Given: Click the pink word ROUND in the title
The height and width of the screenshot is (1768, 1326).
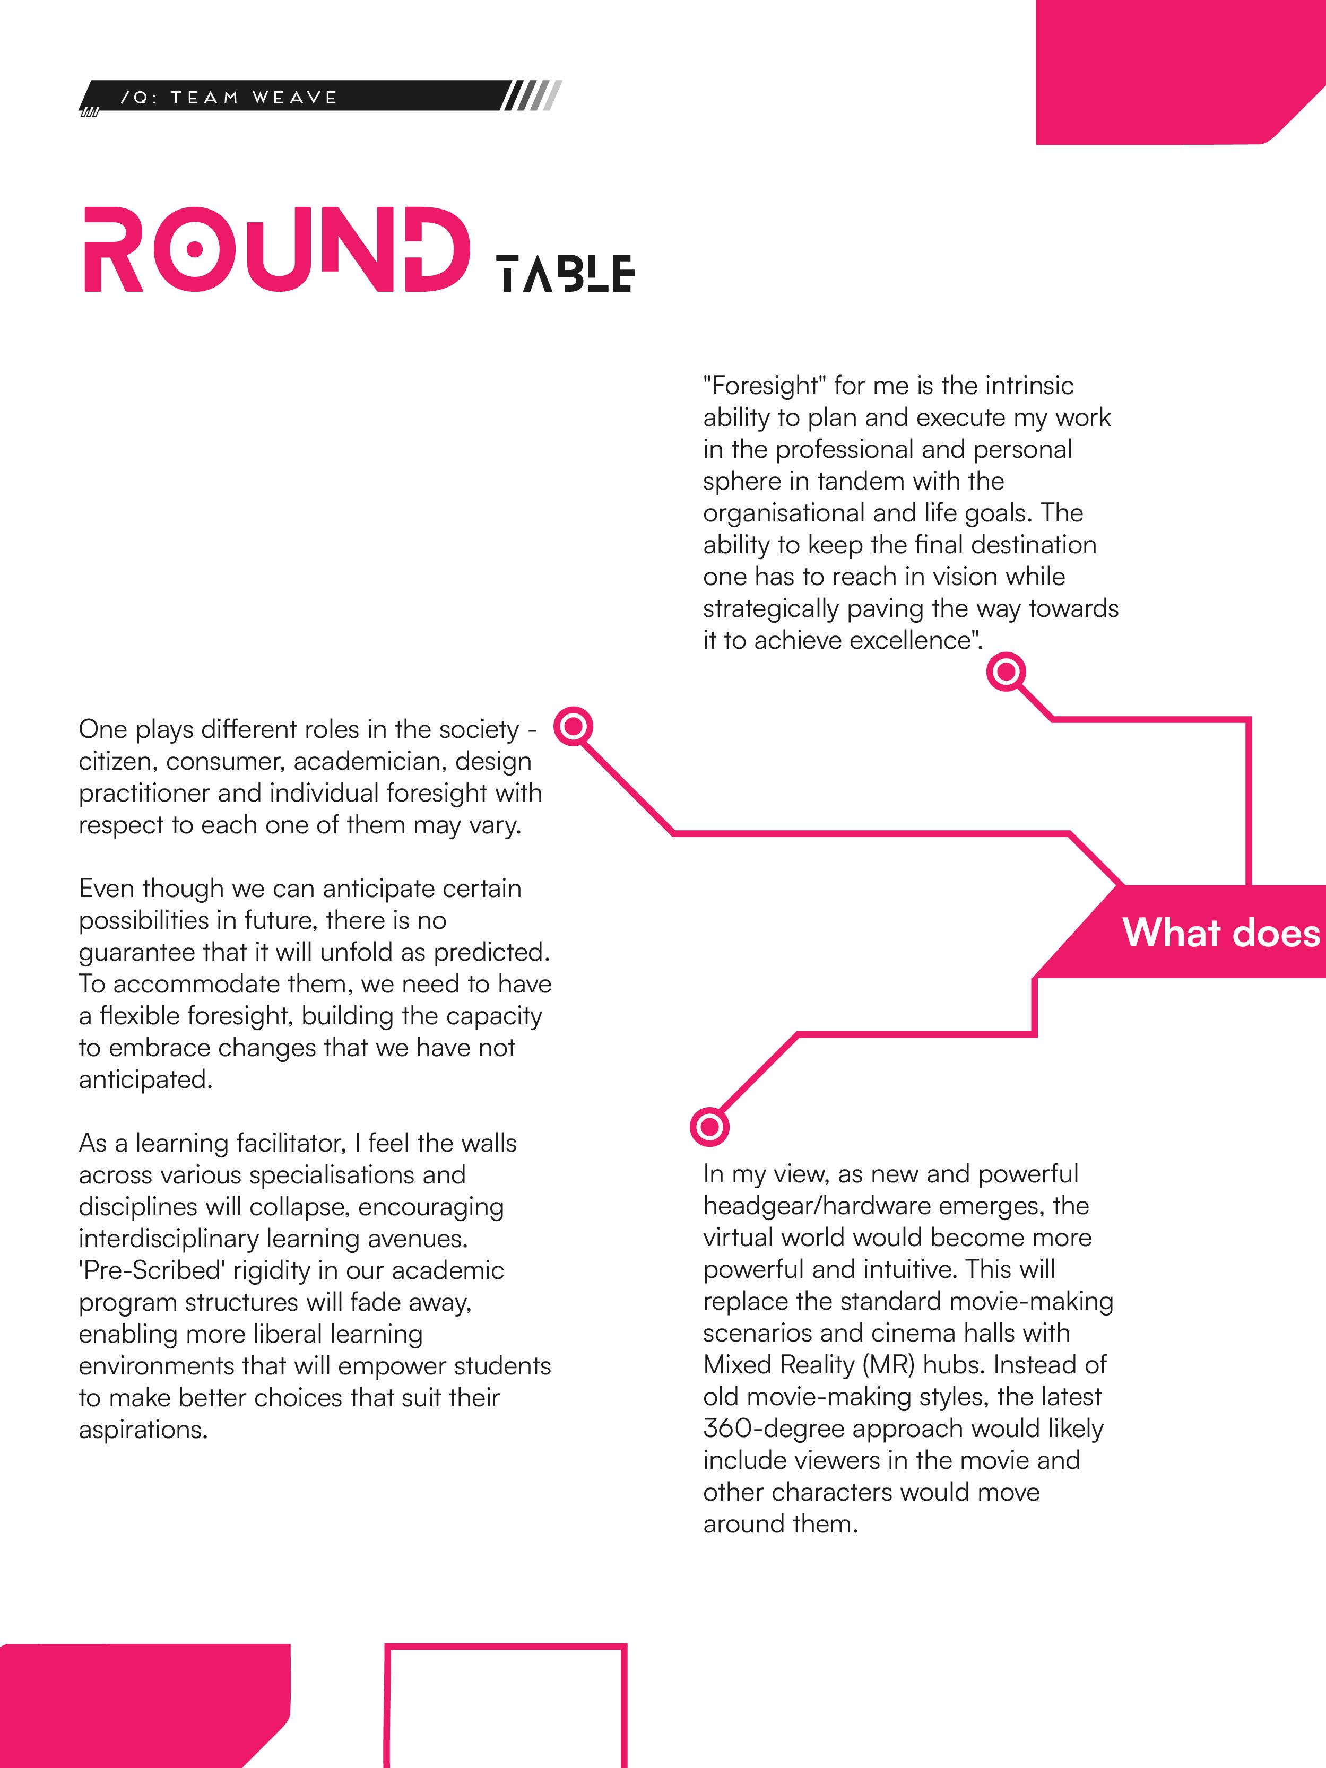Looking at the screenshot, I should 276,250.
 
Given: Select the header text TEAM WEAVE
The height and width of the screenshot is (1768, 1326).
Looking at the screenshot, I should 254,98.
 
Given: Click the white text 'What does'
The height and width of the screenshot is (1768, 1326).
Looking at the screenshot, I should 1220,933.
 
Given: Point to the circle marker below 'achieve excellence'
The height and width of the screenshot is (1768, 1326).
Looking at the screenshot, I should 1006,672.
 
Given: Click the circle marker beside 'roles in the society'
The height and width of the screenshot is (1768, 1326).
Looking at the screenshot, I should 573,727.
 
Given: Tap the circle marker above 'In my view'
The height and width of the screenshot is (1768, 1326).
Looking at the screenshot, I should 709,1127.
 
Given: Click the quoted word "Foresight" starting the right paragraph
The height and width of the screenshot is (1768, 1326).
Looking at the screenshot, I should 764,386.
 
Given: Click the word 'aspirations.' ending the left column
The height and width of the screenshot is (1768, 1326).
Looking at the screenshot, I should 143,1429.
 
